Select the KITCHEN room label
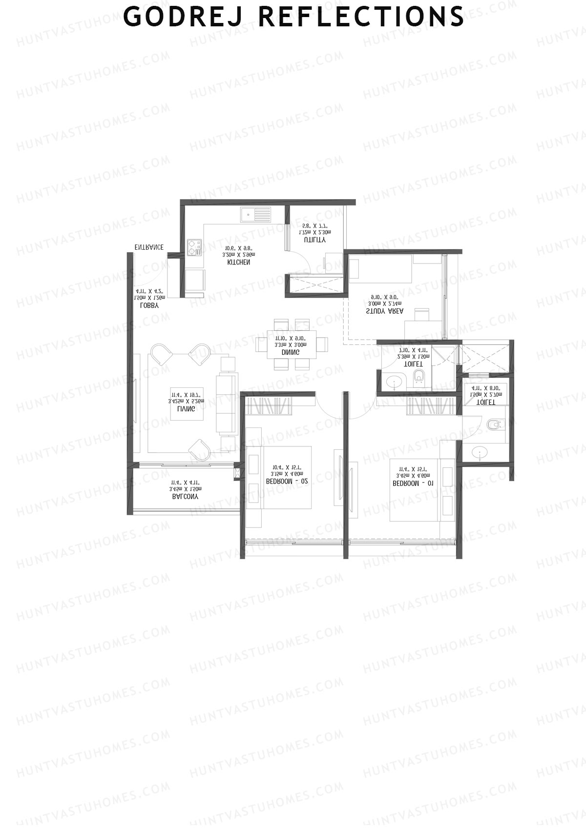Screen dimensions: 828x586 [239, 263]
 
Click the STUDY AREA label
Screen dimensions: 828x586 [384, 311]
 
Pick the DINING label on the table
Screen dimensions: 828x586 [291, 352]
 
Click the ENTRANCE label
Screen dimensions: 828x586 [149, 247]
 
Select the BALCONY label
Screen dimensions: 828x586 [185, 497]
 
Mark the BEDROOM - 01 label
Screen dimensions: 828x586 [413, 484]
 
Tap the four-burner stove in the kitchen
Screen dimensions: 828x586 [194, 246]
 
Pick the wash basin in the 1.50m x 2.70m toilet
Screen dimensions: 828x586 [480, 453]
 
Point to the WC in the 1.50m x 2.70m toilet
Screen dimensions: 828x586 [494, 425]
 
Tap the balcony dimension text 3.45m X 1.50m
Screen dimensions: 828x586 [185, 488]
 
